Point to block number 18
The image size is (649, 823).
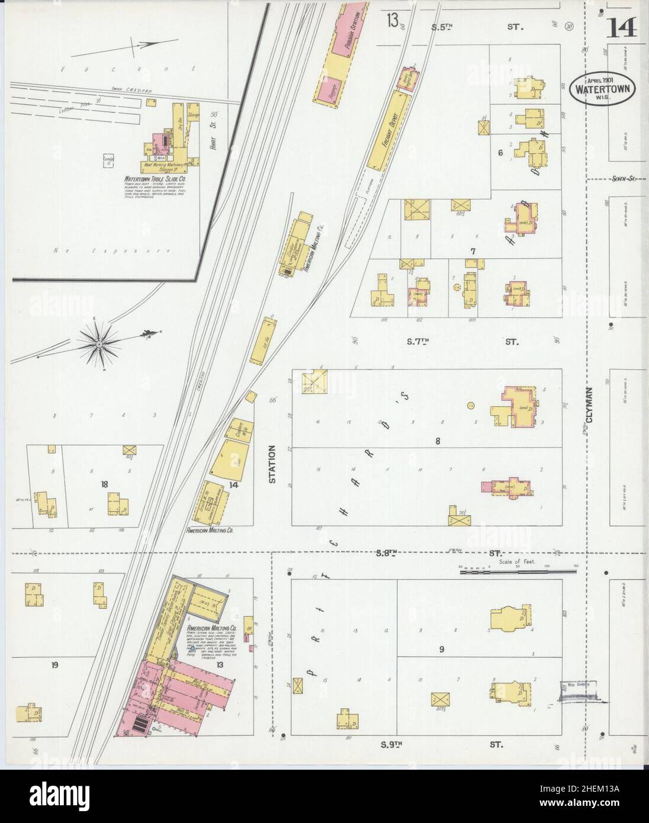[105, 484]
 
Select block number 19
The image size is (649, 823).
[54, 666]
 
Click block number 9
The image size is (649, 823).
[441, 650]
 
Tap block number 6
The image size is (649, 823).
[500, 153]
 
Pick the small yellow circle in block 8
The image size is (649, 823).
[471, 405]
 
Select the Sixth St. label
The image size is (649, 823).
[623, 178]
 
